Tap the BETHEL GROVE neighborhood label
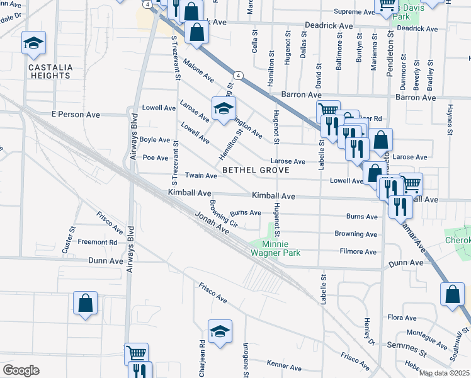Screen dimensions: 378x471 point(255,170)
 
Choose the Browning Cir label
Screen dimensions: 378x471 point(223,214)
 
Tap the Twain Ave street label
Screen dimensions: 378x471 point(201,176)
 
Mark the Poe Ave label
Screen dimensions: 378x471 point(156,157)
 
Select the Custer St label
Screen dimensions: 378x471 point(65,241)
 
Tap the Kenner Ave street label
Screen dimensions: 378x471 point(284,366)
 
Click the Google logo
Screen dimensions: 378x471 point(21,370)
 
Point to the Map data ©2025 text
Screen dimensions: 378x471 point(444,373)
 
